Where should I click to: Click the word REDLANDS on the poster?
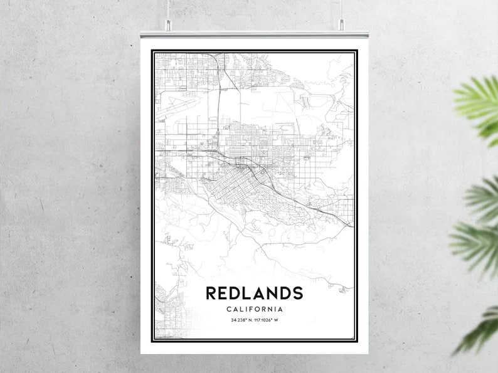(254, 293)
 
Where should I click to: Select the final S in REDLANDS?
(297, 293)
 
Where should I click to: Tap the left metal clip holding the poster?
(168, 26)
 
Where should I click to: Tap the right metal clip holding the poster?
(342, 25)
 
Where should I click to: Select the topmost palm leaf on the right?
(480, 103)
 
